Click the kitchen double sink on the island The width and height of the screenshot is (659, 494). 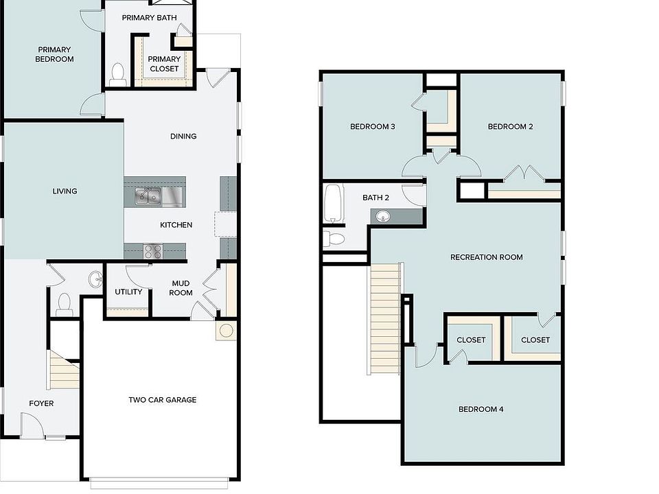[x=148, y=197]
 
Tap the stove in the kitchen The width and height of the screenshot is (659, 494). [x=152, y=251]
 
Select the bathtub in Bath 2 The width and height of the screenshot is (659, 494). [x=334, y=203]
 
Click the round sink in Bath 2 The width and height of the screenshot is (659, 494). [x=382, y=217]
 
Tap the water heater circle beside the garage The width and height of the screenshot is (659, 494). [x=225, y=331]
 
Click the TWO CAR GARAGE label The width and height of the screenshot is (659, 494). [x=162, y=400]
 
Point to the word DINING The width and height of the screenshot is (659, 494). [x=183, y=136]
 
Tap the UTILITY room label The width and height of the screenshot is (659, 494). [x=128, y=292]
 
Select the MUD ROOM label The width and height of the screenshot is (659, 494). [x=181, y=287]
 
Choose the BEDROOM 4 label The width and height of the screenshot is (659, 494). [x=481, y=410]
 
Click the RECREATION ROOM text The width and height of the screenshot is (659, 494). [x=486, y=257]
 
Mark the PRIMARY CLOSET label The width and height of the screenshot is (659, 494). [x=164, y=64]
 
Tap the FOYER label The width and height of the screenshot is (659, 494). [x=41, y=403]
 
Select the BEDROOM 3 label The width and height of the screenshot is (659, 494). [x=372, y=126]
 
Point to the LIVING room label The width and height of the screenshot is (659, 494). [x=65, y=191]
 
